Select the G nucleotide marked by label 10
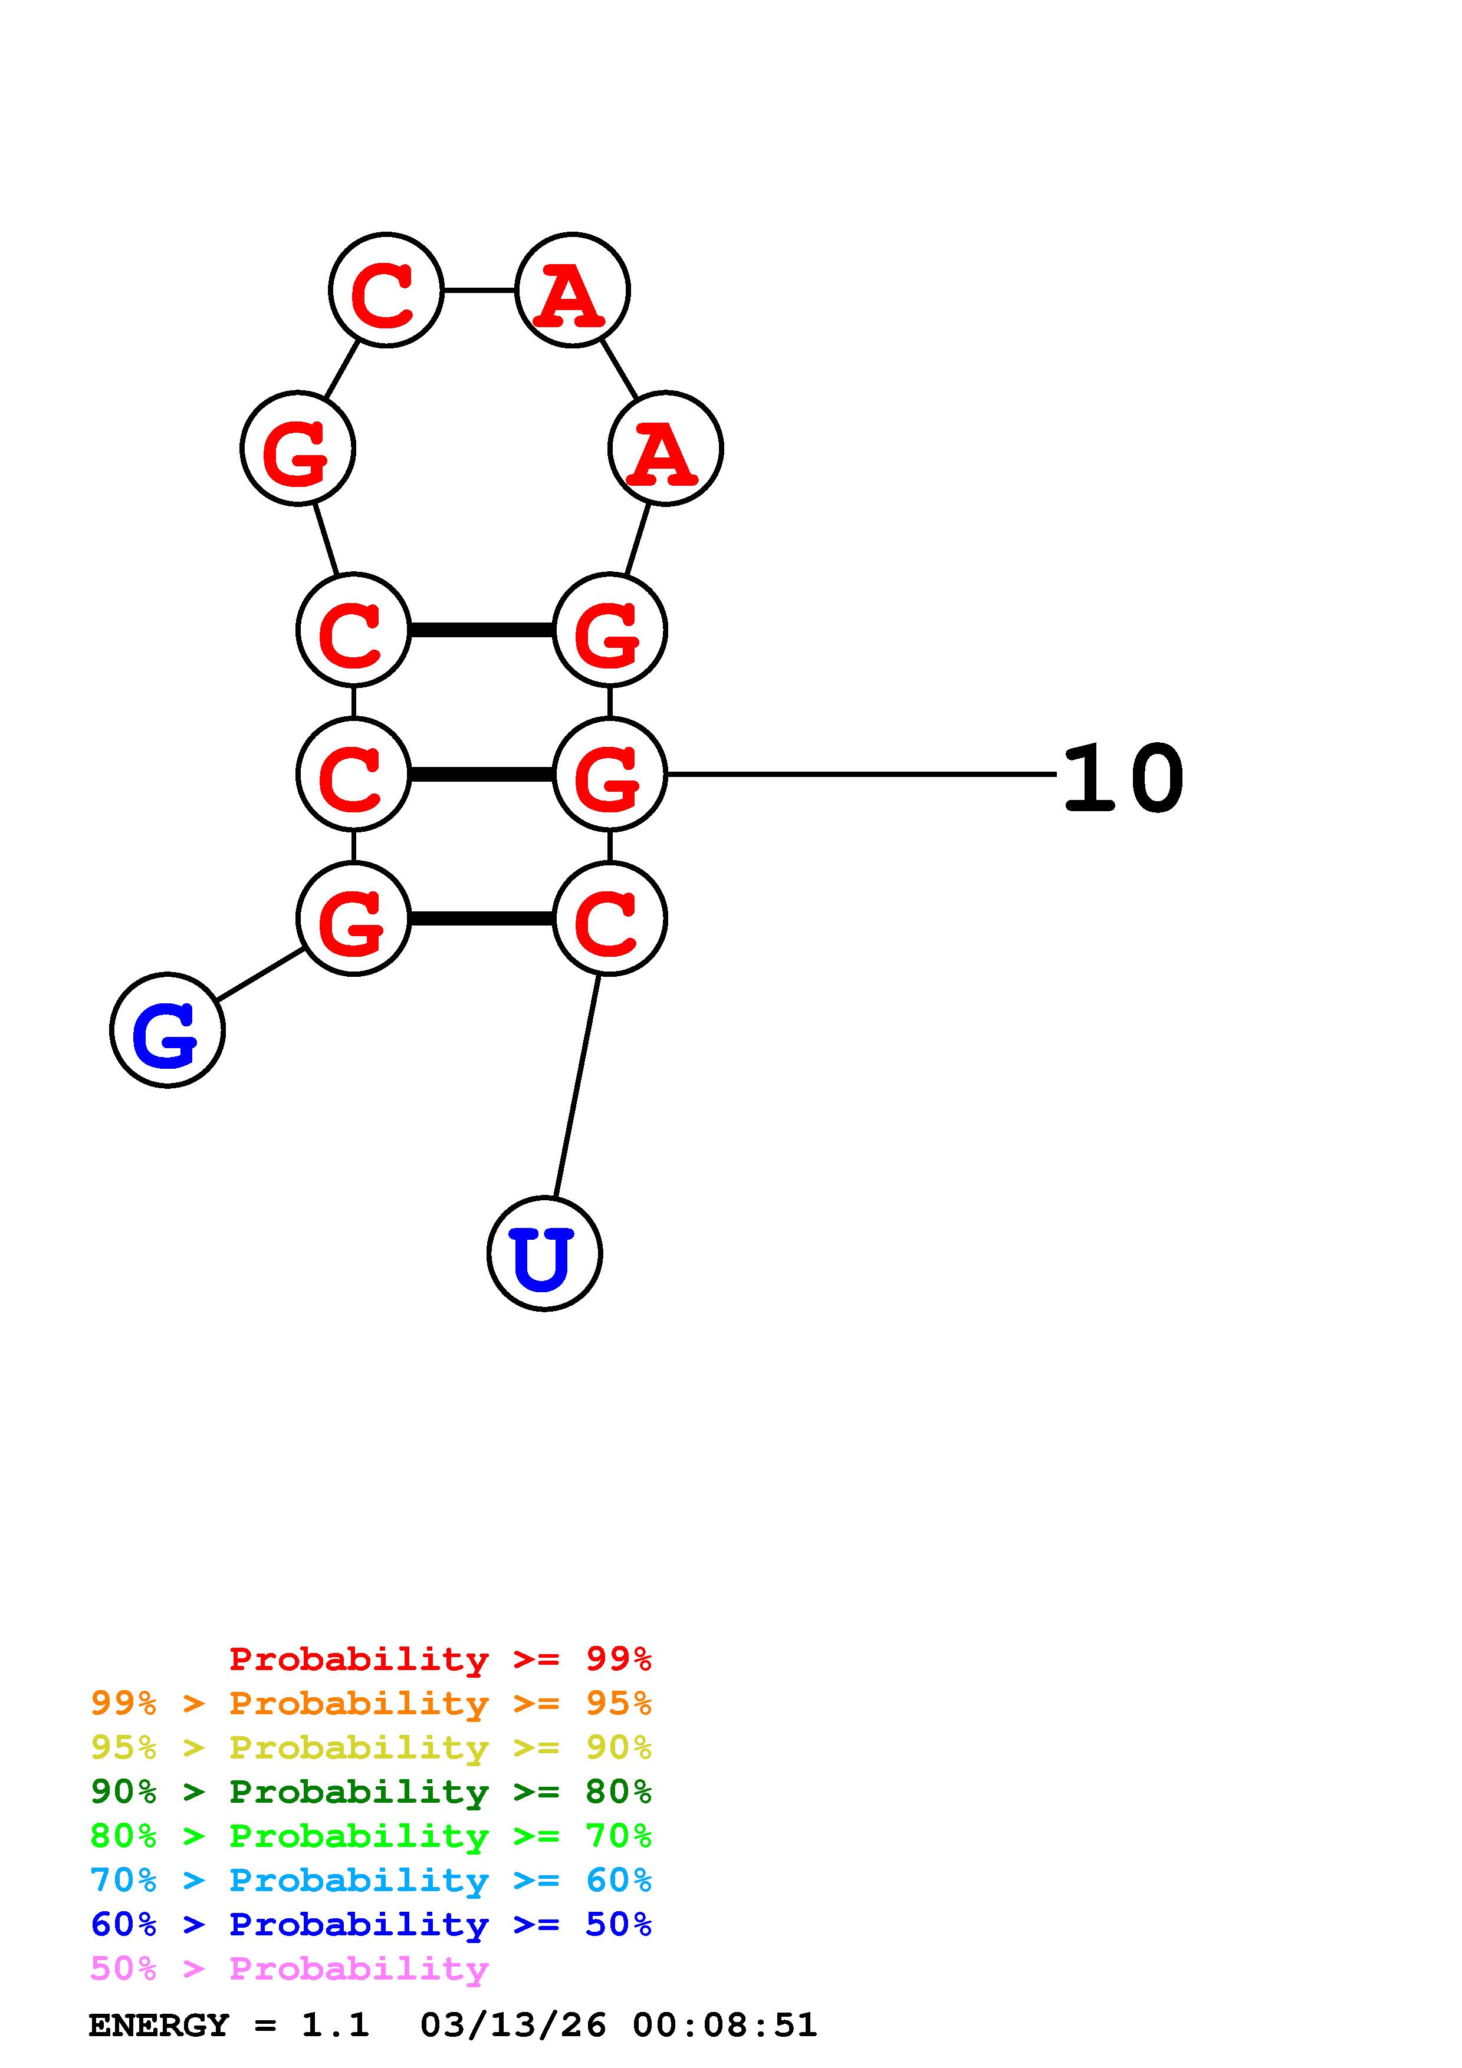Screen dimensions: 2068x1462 pyautogui.click(x=610, y=773)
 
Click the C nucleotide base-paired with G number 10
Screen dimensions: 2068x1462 pyautogui.click(x=353, y=773)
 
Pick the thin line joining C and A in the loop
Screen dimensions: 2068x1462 pyautogui.click(x=479, y=290)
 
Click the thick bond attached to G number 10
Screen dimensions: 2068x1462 pyautogui.click(x=481, y=773)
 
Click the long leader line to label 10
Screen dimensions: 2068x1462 pyautogui.click(x=860, y=773)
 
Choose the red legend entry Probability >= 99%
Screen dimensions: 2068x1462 pyautogui.click(x=439, y=1658)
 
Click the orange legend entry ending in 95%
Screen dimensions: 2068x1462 pyautogui.click(x=371, y=1703)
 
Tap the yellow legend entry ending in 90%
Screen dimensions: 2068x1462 pyautogui.click(x=371, y=1747)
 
